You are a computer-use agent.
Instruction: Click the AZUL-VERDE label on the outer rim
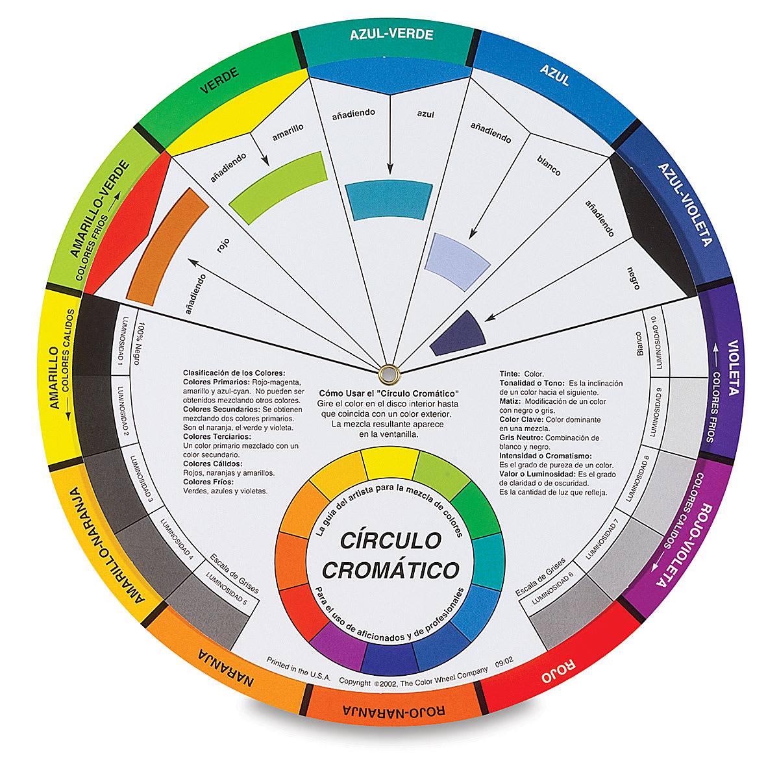point(391,34)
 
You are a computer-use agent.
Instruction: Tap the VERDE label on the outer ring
point(219,80)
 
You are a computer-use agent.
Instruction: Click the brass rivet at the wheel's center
point(389,373)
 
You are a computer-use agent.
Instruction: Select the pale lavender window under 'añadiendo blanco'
point(458,262)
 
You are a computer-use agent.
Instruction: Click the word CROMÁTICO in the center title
point(391,570)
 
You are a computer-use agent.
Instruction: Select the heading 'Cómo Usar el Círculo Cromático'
point(389,394)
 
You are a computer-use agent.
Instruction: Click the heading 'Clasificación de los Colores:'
point(234,373)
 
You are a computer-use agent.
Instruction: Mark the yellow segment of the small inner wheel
point(389,464)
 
